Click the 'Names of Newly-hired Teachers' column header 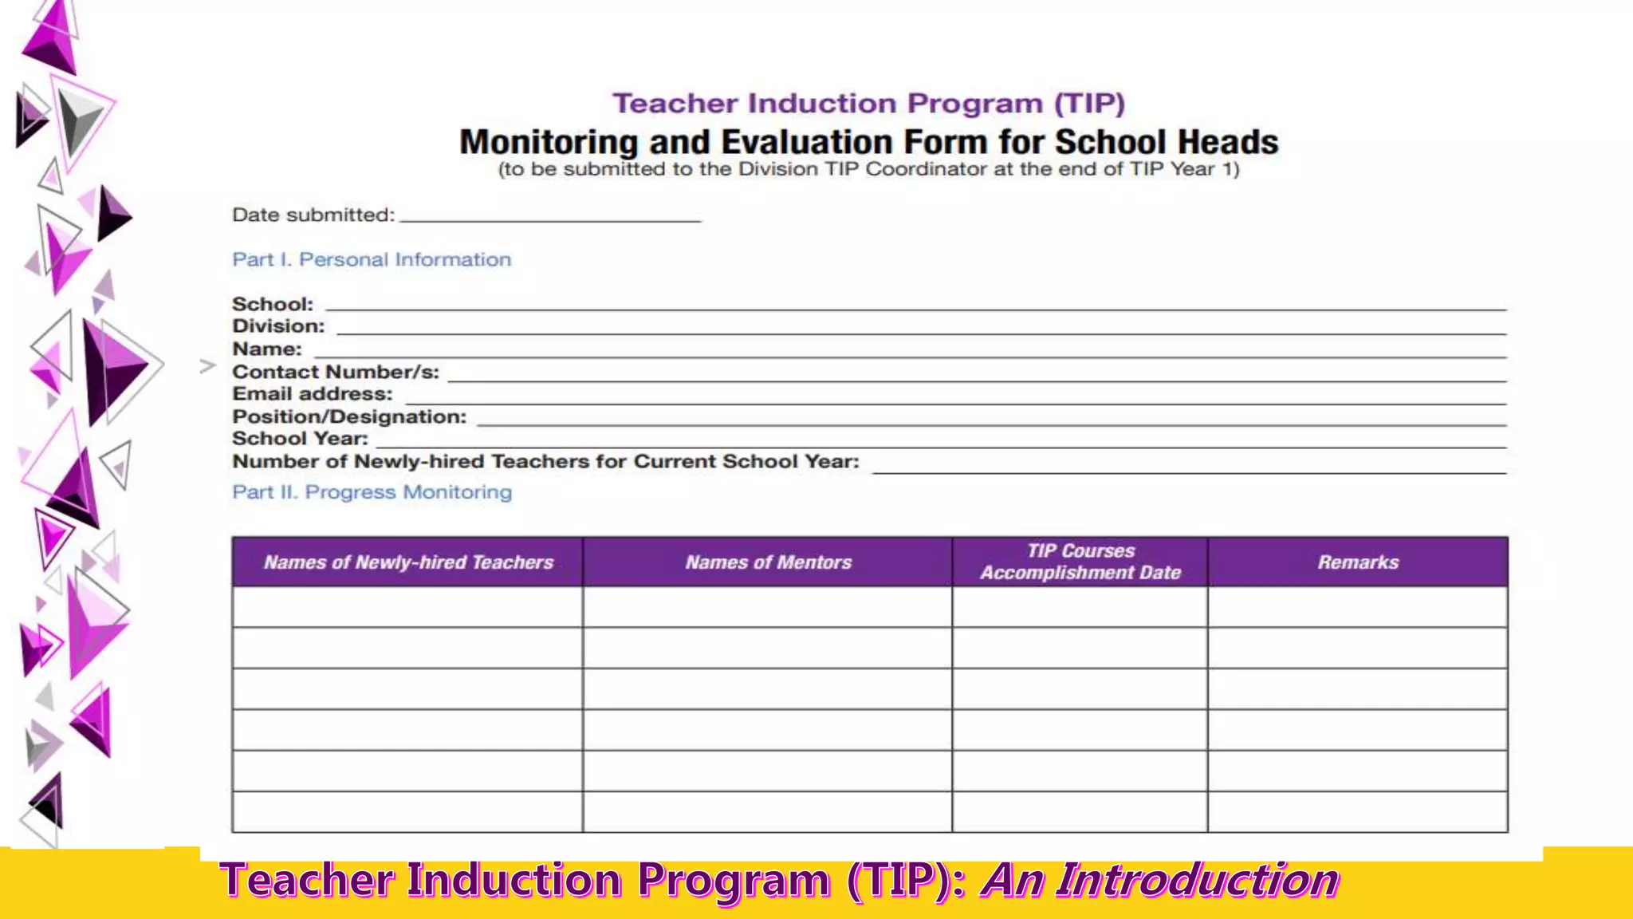point(408,562)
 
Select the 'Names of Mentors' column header point(768,562)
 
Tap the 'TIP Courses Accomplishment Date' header point(1080,562)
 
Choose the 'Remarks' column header point(1357,562)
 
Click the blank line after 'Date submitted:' point(550,217)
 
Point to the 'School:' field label point(273,305)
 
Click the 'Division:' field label point(278,326)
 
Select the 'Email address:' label point(312,394)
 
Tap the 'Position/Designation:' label point(349,416)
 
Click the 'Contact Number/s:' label point(335,372)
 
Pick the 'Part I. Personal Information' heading point(372,260)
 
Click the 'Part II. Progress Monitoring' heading point(372,492)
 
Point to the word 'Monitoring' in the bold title point(549,143)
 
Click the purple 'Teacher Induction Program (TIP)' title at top point(868,104)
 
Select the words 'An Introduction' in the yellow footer point(1160,881)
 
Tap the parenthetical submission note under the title point(868,169)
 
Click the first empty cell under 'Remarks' point(1357,607)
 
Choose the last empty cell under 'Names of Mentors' point(767,812)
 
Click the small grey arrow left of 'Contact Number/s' point(207,366)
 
